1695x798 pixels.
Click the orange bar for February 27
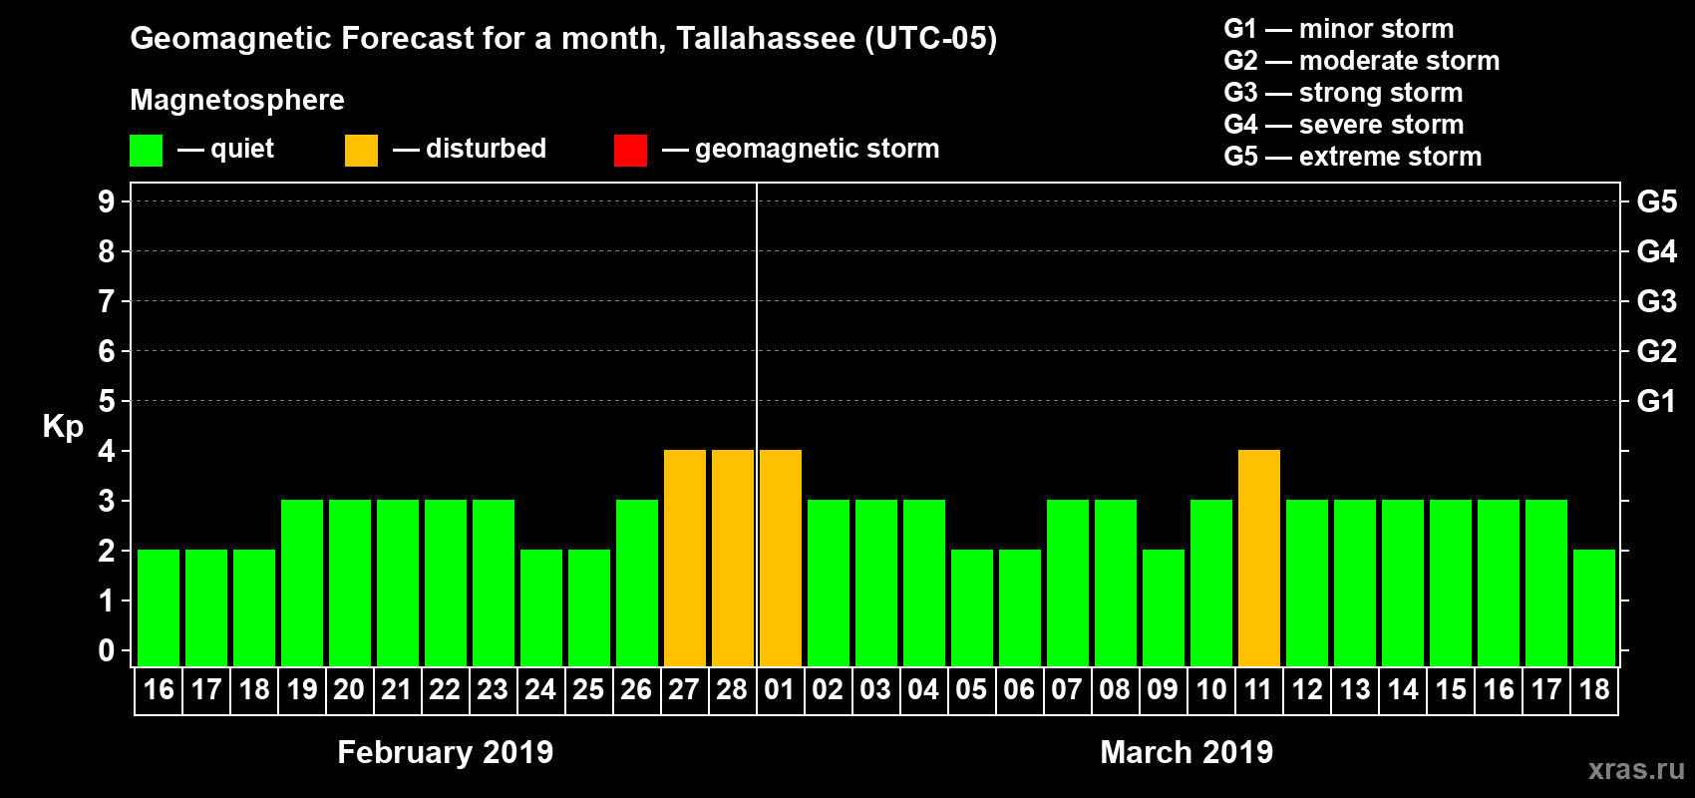(x=685, y=558)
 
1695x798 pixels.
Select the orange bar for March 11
(x=1259, y=558)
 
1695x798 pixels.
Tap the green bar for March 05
(x=972, y=607)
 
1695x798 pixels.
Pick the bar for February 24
(x=541, y=607)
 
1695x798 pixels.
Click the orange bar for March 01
(x=781, y=558)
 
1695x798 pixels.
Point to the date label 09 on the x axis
(x=1163, y=689)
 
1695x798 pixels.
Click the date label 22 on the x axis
(x=445, y=689)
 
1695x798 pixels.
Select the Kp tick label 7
(x=107, y=301)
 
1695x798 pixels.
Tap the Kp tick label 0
(x=107, y=650)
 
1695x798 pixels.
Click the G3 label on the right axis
(x=1656, y=301)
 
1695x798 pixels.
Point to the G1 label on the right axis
(x=1656, y=401)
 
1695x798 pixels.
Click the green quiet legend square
(x=147, y=151)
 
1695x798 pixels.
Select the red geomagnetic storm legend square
(x=630, y=151)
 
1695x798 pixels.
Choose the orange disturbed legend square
(x=361, y=151)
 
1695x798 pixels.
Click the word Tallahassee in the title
(x=765, y=38)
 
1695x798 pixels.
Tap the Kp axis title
(x=63, y=426)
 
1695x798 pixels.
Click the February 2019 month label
(x=445, y=752)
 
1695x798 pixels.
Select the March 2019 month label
(x=1186, y=752)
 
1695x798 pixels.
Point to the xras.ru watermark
(x=1636, y=769)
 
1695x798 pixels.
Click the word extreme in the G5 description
(x=1346, y=157)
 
